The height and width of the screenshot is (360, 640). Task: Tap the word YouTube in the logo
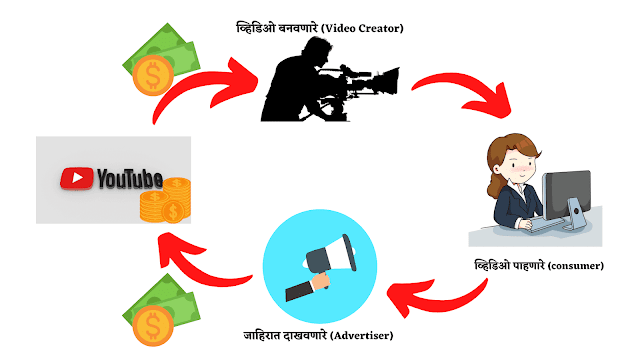(129, 180)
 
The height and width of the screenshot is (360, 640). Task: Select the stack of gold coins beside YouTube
(164, 201)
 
